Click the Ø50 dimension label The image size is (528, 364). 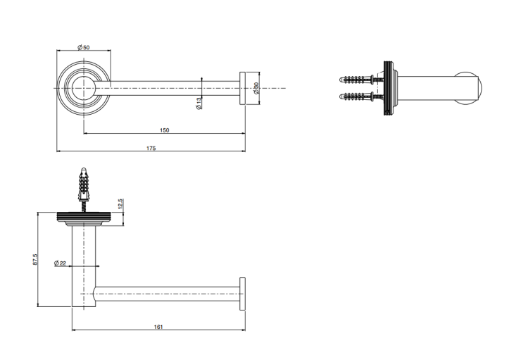[x=84, y=47]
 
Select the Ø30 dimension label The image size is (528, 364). [x=256, y=88]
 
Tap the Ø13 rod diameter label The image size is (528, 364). [x=199, y=103]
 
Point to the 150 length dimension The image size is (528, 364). [x=164, y=130]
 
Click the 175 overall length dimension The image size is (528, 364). [x=151, y=148]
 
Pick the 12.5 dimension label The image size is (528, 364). [x=121, y=203]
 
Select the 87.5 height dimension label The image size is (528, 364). [x=35, y=259]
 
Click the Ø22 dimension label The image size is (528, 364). [x=61, y=263]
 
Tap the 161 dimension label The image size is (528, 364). [x=158, y=327]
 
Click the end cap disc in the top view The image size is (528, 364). [x=242, y=88]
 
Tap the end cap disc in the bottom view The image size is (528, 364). [x=242, y=294]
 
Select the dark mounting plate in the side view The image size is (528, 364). [x=388, y=88]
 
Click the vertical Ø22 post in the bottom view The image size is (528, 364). [x=84, y=266]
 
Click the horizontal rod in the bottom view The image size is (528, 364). [x=168, y=294]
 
